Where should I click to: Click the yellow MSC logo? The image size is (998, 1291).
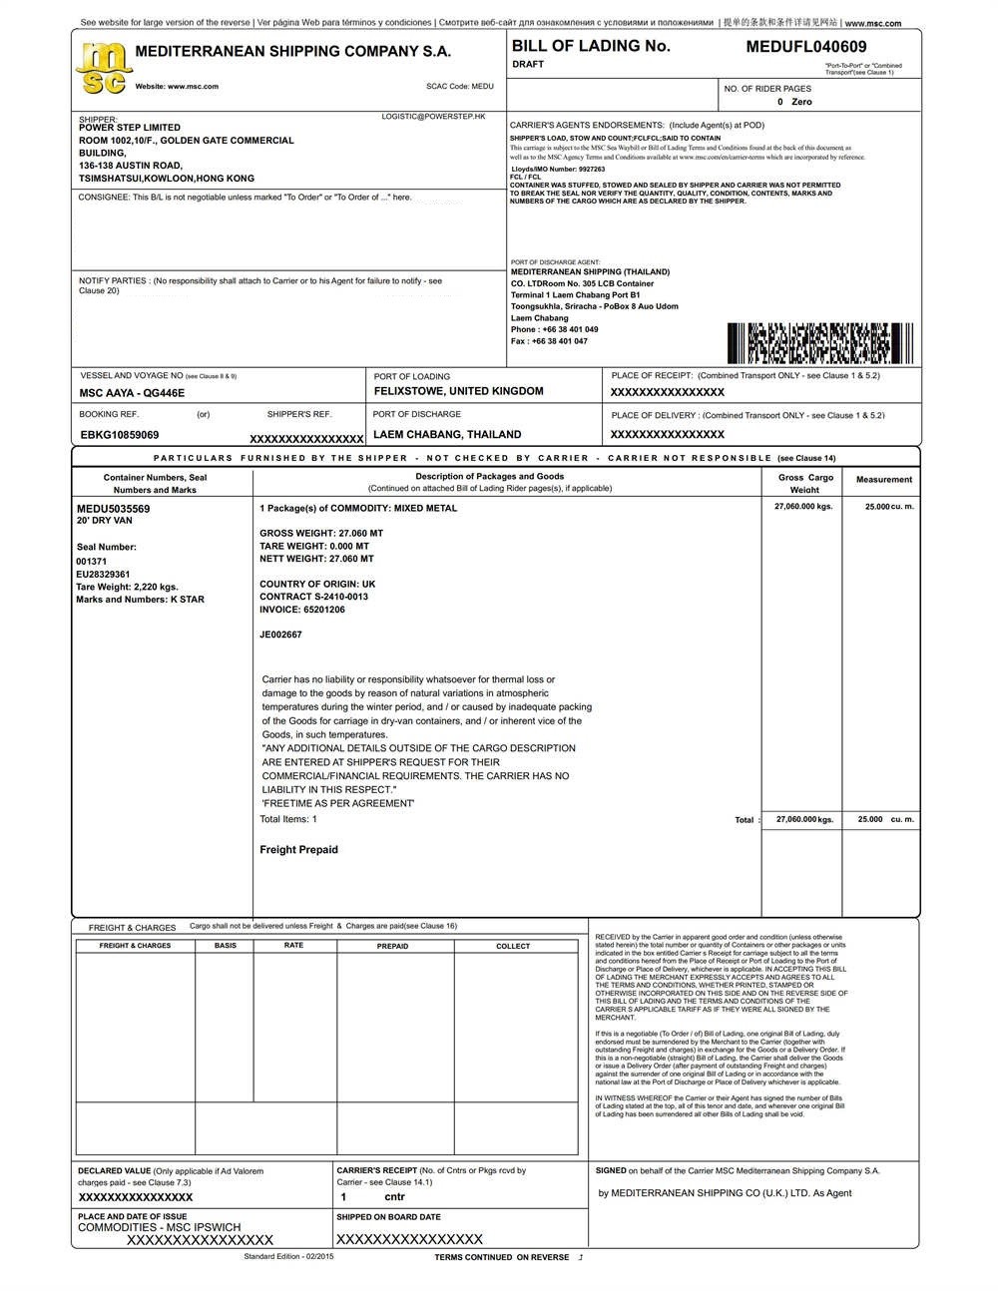pyautogui.click(x=104, y=68)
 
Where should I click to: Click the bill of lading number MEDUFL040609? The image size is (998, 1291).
pyautogui.click(x=805, y=47)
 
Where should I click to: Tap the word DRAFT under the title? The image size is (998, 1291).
pyautogui.click(x=528, y=65)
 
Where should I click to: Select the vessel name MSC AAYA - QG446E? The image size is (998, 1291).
pyautogui.click(x=132, y=394)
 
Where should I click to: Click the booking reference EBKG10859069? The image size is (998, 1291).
pyautogui.click(x=120, y=435)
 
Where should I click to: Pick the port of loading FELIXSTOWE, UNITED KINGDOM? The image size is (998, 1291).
pyautogui.click(x=458, y=392)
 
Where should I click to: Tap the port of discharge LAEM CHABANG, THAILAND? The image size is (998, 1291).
pyautogui.click(x=447, y=435)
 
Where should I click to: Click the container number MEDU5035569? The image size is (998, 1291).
pyautogui.click(x=114, y=509)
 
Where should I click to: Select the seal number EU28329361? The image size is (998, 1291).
pyautogui.click(x=103, y=575)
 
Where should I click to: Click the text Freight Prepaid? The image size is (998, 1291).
pyautogui.click(x=298, y=850)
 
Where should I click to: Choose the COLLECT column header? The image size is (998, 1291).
pyautogui.click(x=513, y=946)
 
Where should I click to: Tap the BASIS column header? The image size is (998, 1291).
pyautogui.click(x=226, y=945)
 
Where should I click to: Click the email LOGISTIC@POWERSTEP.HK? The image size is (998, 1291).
pyautogui.click(x=433, y=117)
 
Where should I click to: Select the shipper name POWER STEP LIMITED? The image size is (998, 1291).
pyautogui.click(x=130, y=128)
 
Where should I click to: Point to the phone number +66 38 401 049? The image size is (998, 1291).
pyautogui.click(x=555, y=329)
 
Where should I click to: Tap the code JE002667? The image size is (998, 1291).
pyautogui.click(x=280, y=635)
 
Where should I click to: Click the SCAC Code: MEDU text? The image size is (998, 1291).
pyautogui.click(x=459, y=87)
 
